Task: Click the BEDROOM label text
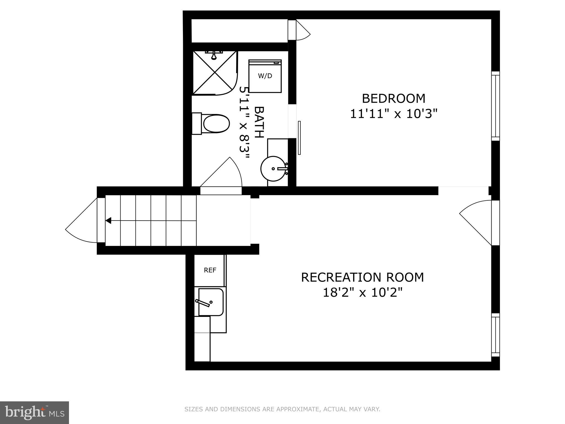(393, 99)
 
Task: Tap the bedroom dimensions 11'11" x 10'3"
(394, 114)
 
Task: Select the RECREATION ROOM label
(362, 277)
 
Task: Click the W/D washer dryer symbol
(265, 76)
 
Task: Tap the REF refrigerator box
(210, 270)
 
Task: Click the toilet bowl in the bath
(216, 124)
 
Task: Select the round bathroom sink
(273, 169)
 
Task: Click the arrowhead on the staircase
(108, 221)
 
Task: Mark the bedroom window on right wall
(495, 106)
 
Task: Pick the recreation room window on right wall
(495, 335)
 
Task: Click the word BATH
(259, 122)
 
